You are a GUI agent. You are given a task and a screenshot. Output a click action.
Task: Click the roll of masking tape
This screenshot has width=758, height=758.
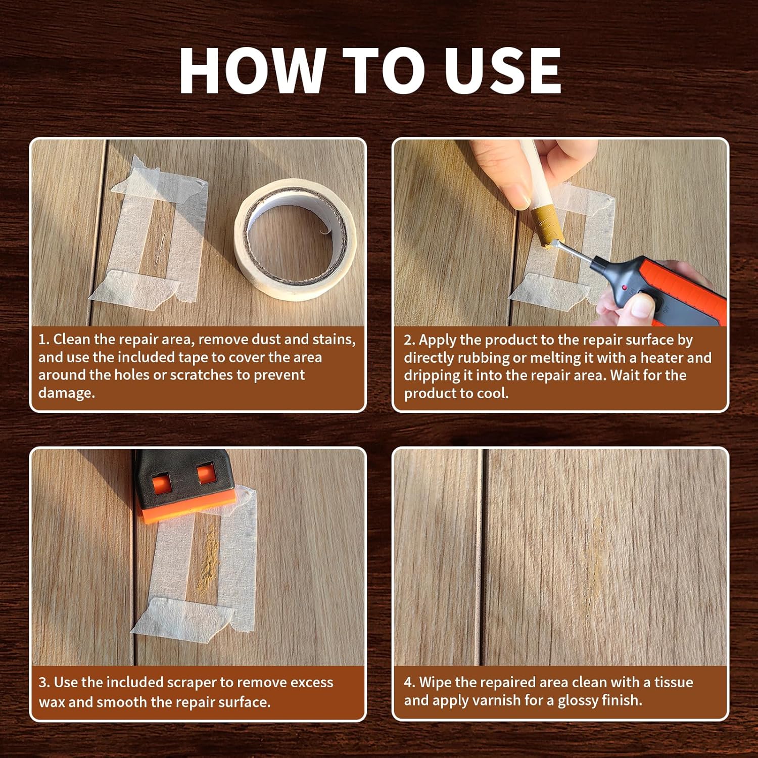(295, 240)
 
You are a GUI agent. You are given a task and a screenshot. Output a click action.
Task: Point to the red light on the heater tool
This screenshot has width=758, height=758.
(625, 288)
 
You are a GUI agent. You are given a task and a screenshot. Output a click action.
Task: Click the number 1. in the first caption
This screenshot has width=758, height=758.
(43, 339)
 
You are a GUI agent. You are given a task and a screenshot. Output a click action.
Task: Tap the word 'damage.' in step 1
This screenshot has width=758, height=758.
(67, 393)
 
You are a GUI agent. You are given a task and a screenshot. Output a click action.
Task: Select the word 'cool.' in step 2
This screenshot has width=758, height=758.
(493, 393)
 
